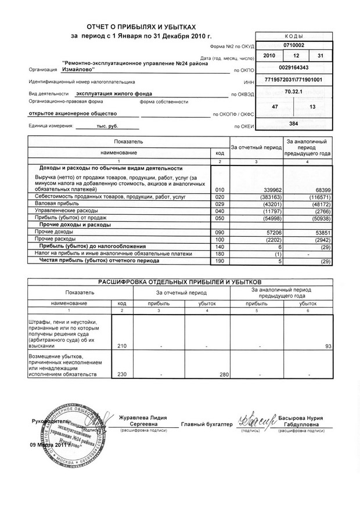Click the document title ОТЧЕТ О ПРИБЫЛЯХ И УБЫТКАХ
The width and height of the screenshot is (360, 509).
pyautogui.click(x=142, y=27)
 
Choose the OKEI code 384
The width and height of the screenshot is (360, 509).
pyautogui.click(x=293, y=124)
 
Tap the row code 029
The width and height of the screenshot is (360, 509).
pyautogui.click(x=219, y=204)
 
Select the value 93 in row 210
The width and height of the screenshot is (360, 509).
pyautogui.click(x=328, y=346)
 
